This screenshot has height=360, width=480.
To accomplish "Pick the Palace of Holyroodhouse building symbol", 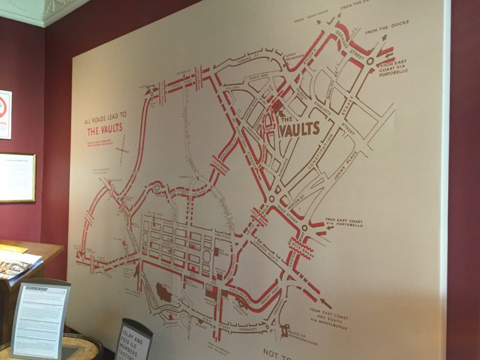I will [x=285, y=331].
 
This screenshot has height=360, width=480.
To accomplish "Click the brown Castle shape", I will [x=164, y=293].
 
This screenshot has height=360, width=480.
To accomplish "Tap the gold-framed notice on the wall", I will [x=17, y=177].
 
